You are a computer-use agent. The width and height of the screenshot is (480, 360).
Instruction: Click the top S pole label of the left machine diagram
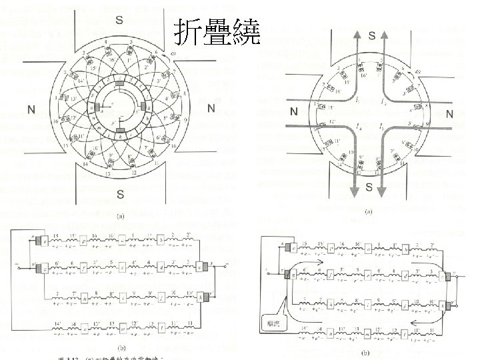[119, 19]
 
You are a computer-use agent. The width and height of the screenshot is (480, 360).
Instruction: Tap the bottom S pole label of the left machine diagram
[119, 194]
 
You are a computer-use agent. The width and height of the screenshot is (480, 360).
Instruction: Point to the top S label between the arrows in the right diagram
[371, 34]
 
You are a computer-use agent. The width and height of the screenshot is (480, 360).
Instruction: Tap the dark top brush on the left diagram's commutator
[120, 84]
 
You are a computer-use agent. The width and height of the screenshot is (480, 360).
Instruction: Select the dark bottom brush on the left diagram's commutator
[120, 131]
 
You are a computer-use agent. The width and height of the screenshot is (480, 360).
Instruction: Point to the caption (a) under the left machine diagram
[120, 216]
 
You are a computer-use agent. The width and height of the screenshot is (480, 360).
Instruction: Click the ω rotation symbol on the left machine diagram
[173, 54]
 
